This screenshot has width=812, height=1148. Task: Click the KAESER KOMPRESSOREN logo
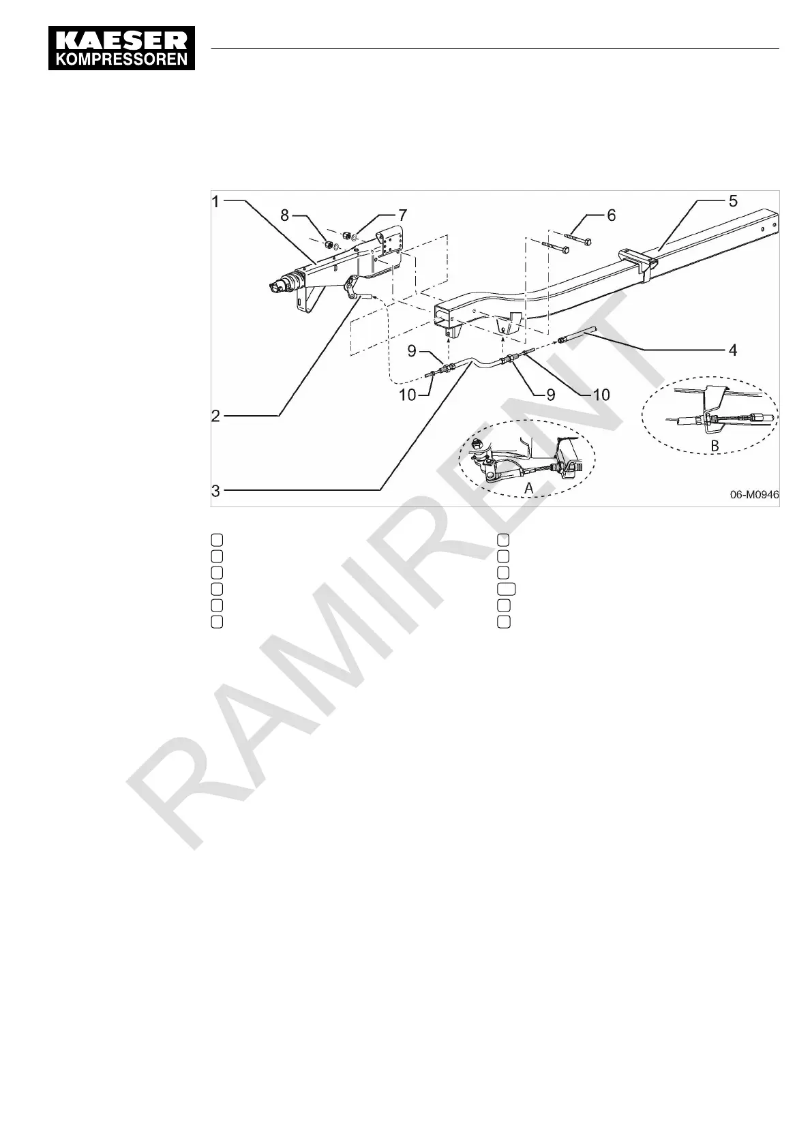click(x=122, y=48)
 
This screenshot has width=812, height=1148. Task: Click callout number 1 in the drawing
click(x=215, y=202)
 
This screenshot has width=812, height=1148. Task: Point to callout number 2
click(x=215, y=415)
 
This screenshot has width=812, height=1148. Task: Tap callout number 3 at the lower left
click(x=215, y=490)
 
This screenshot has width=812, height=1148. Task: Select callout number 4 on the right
click(x=732, y=350)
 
